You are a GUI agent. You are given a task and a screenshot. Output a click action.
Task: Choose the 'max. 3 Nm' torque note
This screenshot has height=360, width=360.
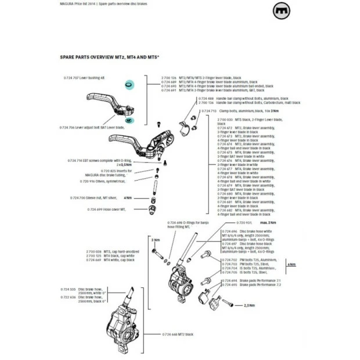tap(268, 223)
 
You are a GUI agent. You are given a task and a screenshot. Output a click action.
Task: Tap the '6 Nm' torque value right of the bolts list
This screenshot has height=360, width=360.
tap(291, 264)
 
